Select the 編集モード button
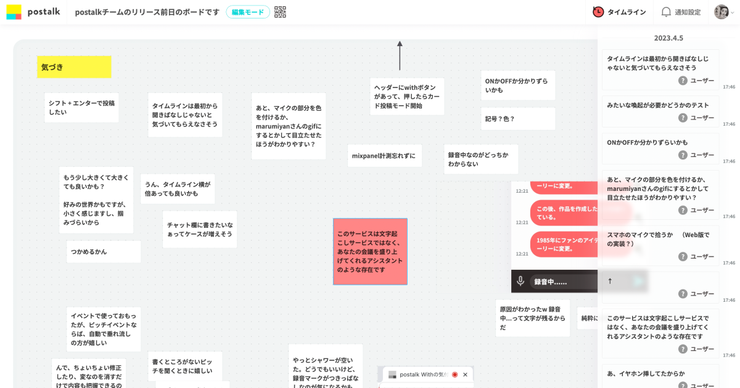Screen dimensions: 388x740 [x=247, y=12]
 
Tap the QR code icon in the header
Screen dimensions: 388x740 [x=280, y=12]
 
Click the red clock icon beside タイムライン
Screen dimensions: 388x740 [x=598, y=12]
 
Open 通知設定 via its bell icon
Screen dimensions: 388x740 [x=666, y=12]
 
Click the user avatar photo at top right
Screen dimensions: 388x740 [x=721, y=12]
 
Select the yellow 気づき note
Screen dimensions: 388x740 [x=74, y=67]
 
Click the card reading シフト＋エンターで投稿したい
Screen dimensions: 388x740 [x=81, y=108]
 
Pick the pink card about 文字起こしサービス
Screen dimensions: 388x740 [x=370, y=251]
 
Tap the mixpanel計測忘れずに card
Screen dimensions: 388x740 [x=384, y=156]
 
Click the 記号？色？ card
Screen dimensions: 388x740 [x=518, y=119]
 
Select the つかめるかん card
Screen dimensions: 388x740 [x=104, y=251]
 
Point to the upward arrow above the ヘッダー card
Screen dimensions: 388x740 [x=400, y=55]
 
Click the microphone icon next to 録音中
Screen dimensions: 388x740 [x=520, y=281]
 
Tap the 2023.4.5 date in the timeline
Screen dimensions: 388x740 [x=668, y=38]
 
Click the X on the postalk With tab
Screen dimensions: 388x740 [x=465, y=374]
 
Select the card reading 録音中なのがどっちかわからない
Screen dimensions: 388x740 [x=481, y=160]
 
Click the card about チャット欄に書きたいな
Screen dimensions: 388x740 [x=200, y=229]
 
